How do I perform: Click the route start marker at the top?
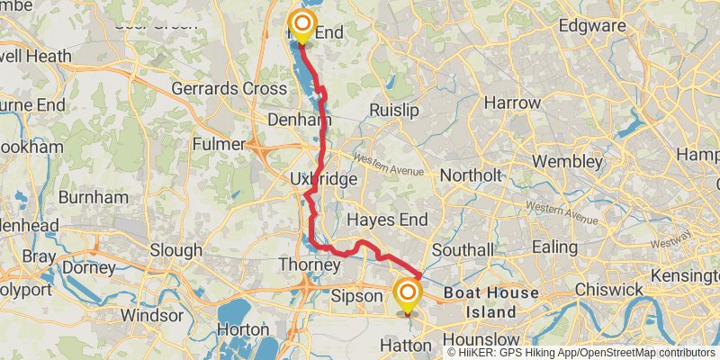pyautogui.click(x=301, y=24)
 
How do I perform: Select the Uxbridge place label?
pyautogui.click(x=324, y=180)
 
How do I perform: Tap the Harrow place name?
pyautogui.click(x=512, y=103)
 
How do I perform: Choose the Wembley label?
pyautogui.click(x=568, y=162)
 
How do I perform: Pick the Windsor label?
pyautogui.click(x=151, y=315)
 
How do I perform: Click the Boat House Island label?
pyautogui.click(x=490, y=303)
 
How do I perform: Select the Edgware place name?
pyautogui.click(x=592, y=26)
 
